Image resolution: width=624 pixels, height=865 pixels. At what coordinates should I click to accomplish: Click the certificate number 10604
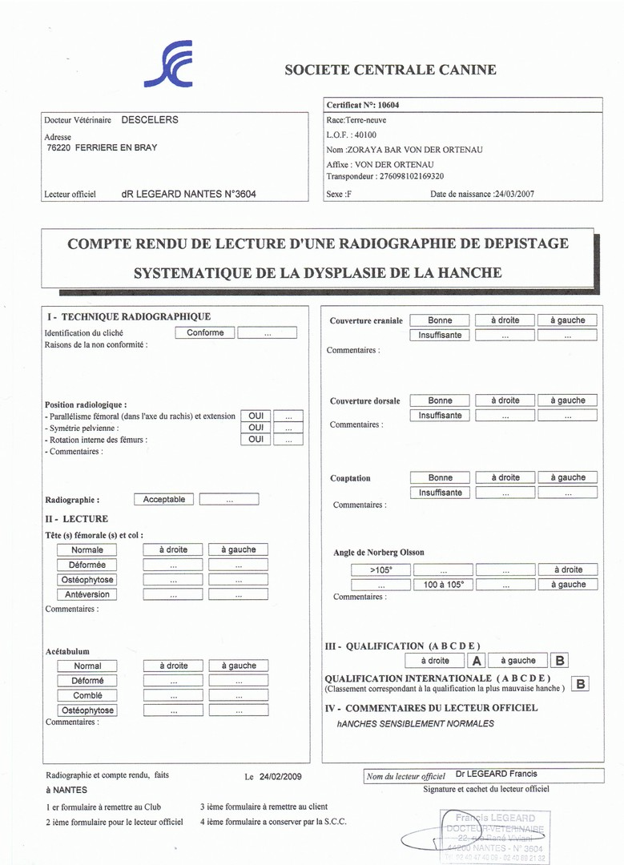pyautogui.click(x=388, y=105)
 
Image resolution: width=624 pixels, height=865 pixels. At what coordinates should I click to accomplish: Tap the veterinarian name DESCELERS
pyautogui.click(x=150, y=120)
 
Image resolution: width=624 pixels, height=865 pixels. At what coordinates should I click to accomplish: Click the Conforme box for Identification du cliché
pyautogui.click(x=205, y=332)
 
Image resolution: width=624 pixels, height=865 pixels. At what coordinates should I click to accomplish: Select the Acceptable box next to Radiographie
pyautogui.click(x=163, y=499)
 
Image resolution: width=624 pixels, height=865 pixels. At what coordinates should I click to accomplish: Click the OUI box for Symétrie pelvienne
pyautogui.click(x=256, y=428)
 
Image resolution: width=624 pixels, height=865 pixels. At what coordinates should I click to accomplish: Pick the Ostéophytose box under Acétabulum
pyautogui.click(x=87, y=710)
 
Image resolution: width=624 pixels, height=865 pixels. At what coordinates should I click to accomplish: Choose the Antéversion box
pyautogui.click(x=87, y=594)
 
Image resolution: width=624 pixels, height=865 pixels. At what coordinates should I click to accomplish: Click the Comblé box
pyautogui.click(x=87, y=695)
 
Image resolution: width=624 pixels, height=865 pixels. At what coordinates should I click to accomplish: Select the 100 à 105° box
pyautogui.click(x=443, y=585)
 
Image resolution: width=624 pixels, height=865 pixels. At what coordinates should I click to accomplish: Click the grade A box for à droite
pyautogui.click(x=477, y=661)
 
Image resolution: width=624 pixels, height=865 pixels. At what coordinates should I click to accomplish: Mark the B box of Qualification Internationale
pyautogui.click(x=581, y=684)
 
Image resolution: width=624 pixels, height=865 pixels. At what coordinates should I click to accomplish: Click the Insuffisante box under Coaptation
pyautogui.click(x=440, y=493)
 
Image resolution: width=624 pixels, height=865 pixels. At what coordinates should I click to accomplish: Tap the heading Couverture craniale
pyautogui.click(x=366, y=321)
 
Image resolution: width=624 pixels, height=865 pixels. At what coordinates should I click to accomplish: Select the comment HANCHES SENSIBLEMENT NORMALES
pyautogui.click(x=416, y=723)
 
